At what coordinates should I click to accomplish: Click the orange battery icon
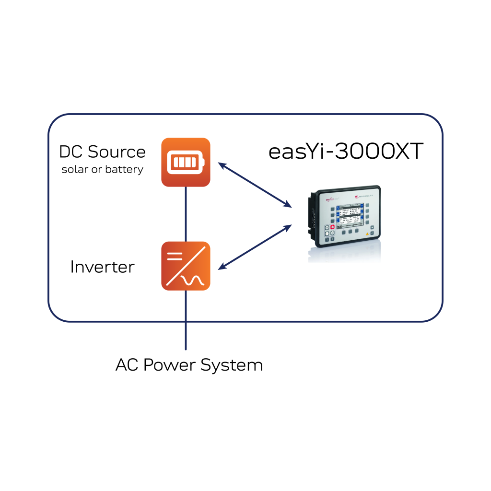click(186, 162)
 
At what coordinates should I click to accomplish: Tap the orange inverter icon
click(186, 266)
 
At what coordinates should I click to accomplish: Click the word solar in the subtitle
click(74, 169)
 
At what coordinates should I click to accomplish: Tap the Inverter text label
click(102, 267)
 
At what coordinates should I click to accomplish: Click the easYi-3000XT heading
click(346, 152)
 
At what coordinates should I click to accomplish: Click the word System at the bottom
click(232, 365)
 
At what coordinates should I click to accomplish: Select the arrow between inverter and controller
click(255, 246)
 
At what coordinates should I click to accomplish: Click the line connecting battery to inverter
click(186, 214)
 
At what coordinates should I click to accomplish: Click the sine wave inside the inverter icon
click(193, 280)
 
